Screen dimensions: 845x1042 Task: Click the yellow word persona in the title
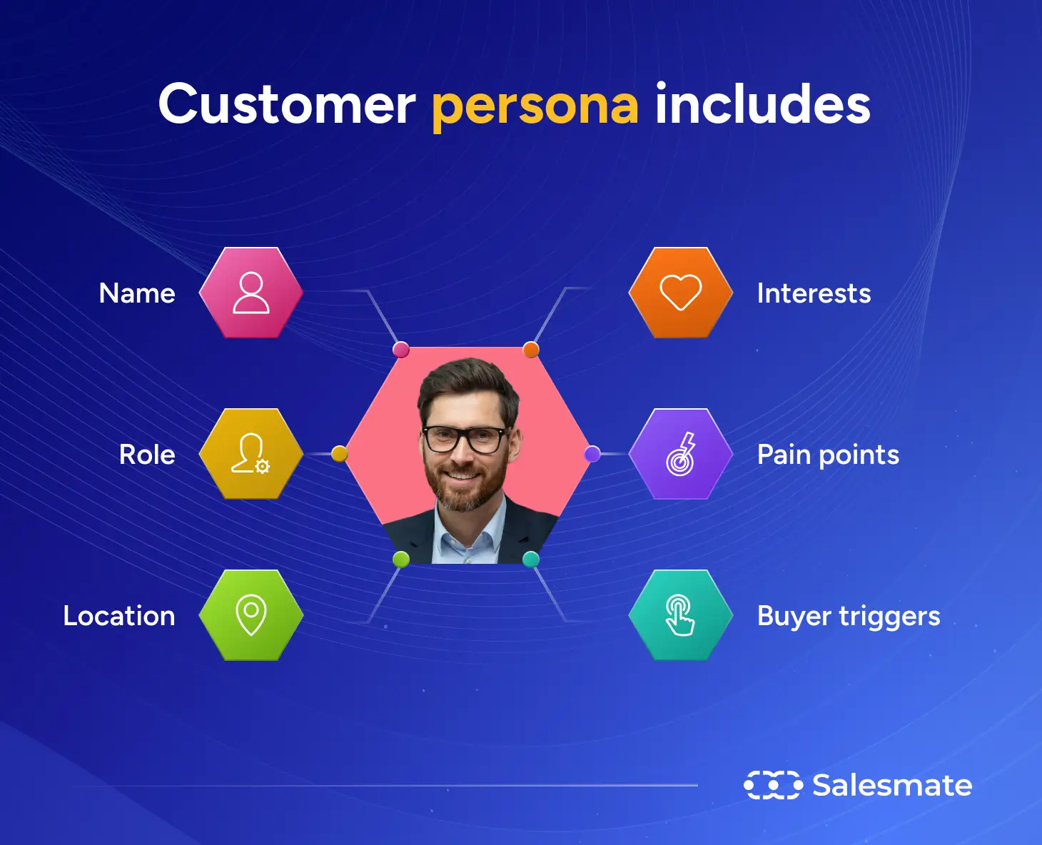tap(535, 106)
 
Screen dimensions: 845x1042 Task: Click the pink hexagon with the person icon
tap(251, 293)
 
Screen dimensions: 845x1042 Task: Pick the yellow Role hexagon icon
tap(251, 454)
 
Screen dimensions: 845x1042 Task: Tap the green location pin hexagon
tap(251, 614)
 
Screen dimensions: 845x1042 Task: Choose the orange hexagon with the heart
tap(681, 293)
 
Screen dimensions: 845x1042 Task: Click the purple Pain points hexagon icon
tap(681, 454)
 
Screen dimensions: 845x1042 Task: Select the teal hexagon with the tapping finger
tap(681, 614)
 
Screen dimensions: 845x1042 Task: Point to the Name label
tap(137, 293)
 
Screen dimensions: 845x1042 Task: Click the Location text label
tap(119, 616)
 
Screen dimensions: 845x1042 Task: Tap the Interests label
tap(814, 293)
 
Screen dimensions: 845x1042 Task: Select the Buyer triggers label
tap(849, 617)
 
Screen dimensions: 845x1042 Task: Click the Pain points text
tap(828, 455)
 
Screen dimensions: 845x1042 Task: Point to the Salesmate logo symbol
tap(773, 785)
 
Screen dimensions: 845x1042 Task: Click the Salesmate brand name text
tap(892, 785)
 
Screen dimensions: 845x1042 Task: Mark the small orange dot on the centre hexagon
tap(531, 350)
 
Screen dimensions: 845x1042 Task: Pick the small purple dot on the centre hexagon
tap(592, 454)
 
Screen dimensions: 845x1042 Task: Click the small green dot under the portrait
tap(401, 559)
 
